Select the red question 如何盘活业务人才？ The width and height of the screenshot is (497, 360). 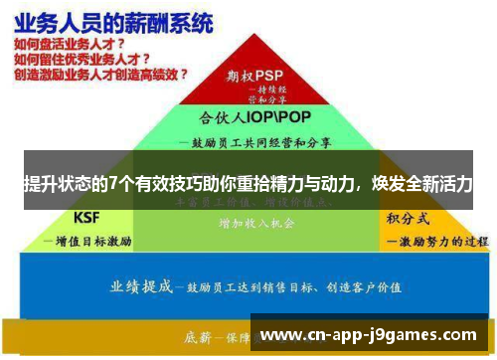pyautogui.click(x=69, y=45)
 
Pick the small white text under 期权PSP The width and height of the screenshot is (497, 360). pyautogui.click(x=263, y=94)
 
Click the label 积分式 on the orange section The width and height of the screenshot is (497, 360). pyautogui.click(x=408, y=217)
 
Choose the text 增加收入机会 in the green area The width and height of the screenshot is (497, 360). pyautogui.click(x=255, y=223)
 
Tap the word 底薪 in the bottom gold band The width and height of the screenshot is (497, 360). pyautogui.click(x=198, y=334)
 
